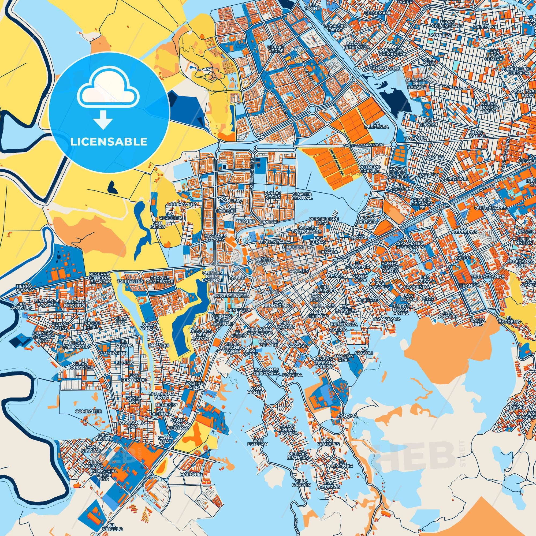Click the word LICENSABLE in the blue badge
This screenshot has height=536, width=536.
(109, 142)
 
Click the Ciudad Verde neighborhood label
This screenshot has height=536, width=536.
(276, 49)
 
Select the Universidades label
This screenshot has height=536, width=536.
(232, 296)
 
